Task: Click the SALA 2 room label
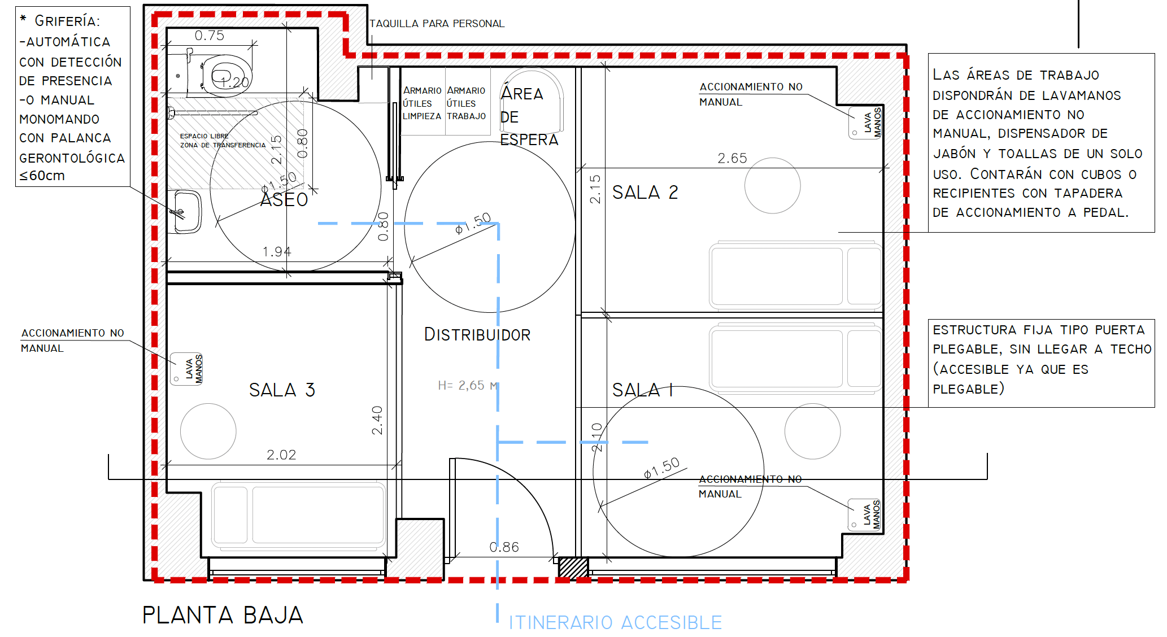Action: pos(645,193)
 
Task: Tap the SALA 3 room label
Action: pos(282,390)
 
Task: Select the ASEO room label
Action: pos(284,200)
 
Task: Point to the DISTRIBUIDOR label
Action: pos(477,335)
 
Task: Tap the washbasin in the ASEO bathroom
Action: pos(186,212)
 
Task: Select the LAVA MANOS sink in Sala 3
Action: pos(187,369)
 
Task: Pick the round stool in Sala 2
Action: pos(773,185)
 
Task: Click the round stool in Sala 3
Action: pos(208,431)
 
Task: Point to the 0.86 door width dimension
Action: pos(504,547)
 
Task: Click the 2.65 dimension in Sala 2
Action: pos(732,159)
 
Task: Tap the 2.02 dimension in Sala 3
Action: pos(281,455)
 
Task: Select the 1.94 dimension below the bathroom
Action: pos(277,252)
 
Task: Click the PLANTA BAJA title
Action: pos(223,615)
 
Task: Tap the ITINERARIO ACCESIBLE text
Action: pos(615,622)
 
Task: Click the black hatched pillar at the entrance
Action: pos(573,568)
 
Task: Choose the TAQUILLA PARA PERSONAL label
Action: pos(437,24)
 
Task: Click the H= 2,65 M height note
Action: pos(468,386)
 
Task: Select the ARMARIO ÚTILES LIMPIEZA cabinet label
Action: pos(422,103)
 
